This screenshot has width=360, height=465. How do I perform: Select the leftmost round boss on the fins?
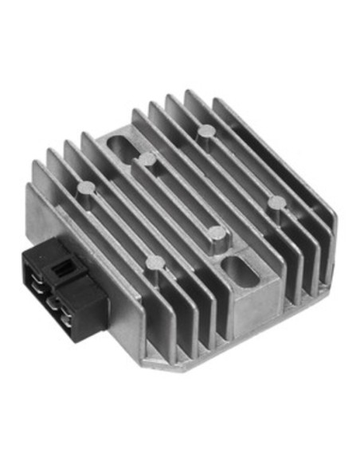click(86, 188)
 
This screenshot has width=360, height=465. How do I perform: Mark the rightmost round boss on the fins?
click(275, 203)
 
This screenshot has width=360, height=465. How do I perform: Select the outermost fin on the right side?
click(319, 239)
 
